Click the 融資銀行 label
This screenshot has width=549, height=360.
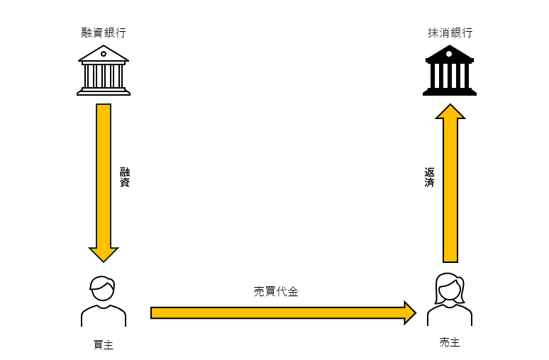pos(104,33)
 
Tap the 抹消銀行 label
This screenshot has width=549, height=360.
pos(450,33)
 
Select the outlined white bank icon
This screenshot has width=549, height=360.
pos(104,70)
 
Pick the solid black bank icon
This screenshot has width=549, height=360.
pos(450,70)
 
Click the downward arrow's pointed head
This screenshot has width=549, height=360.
pos(104,254)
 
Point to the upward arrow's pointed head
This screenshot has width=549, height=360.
pos(450,111)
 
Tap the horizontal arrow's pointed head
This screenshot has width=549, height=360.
pos(410,313)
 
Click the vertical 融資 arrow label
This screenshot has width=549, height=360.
pos(125,177)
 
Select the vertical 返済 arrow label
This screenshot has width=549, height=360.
pos(429,177)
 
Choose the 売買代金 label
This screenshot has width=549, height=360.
pos(276,291)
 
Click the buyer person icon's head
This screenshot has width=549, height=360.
pos(103,288)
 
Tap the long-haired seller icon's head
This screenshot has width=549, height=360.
pos(450,288)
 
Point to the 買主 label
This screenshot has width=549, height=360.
pos(104,344)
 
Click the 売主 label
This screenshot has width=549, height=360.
pos(450,342)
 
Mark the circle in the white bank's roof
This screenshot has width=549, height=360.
pos(104,54)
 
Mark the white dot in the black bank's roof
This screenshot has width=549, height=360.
pos(449,54)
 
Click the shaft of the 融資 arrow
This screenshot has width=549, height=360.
pos(104,176)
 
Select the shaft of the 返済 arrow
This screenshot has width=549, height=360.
pos(450,191)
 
